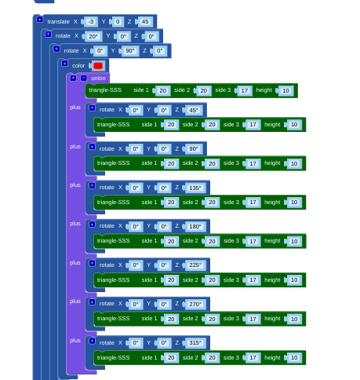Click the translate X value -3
[x=91, y=21]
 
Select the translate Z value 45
[x=145, y=21]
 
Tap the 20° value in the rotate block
[x=93, y=36]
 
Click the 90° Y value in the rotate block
[x=130, y=51]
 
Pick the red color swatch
[x=98, y=66]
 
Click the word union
[x=98, y=79]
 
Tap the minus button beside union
[x=84, y=78]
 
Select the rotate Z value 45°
[x=194, y=110]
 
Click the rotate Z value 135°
[x=195, y=188]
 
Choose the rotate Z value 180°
[x=195, y=226]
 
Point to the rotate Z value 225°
[x=195, y=265]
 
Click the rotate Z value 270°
[x=195, y=304]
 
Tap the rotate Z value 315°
[x=195, y=343]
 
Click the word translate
[x=58, y=21]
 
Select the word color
[x=78, y=66]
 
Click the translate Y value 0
[x=118, y=21]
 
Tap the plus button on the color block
[x=64, y=64]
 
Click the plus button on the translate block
[x=40, y=19]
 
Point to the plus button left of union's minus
[x=73, y=78]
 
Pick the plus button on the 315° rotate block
[x=92, y=341]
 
